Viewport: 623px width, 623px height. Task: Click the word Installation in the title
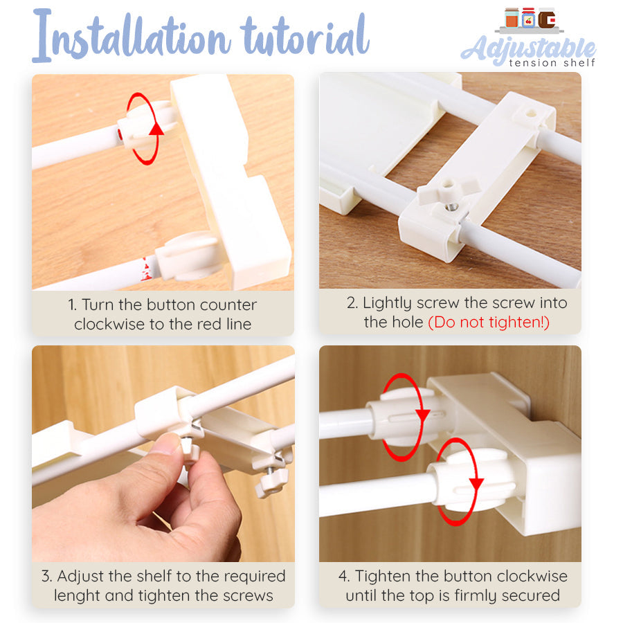pyautogui.click(x=132, y=36)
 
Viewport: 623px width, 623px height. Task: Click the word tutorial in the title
pyautogui.click(x=305, y=36)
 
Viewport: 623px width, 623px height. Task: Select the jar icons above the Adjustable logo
pyautogui.click(x=530, y=19)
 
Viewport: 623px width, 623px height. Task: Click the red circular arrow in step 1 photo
pyautogui.click(x=145, y=130)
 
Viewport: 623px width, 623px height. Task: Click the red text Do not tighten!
pyautogui.click(x=489, y=323)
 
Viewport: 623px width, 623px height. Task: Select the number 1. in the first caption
pyautogui.click(x=73, y=305)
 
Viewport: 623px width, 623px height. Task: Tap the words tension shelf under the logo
pyautogui.click(x=551, y=63)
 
